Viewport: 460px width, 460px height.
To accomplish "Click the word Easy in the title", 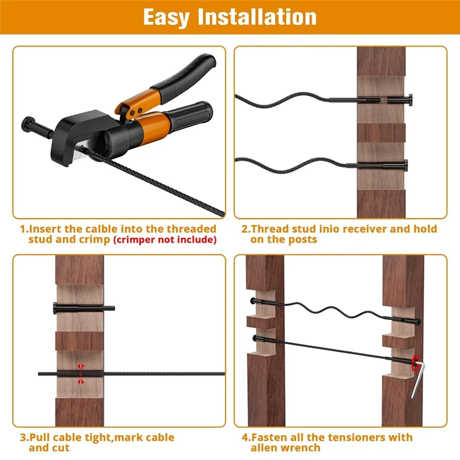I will pos(166,17).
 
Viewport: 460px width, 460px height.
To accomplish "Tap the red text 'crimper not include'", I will pos(165,240).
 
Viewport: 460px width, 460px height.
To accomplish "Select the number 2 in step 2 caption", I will pos(244,229).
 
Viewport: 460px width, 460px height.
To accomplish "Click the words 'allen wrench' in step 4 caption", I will pos(285,448).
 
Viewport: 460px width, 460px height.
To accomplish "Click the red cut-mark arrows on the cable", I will pos(80,373).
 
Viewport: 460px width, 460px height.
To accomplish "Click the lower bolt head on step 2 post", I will pos(407,166).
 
